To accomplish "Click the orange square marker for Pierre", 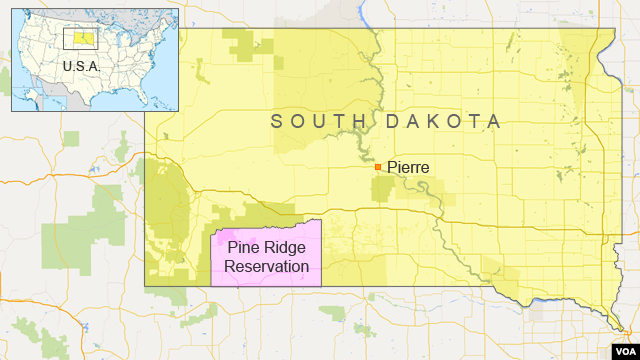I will point(378,167).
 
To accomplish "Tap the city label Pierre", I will point(408,168).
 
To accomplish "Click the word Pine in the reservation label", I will point(243,248).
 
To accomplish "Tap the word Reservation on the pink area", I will point(266,266).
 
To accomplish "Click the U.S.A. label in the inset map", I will point(81,65).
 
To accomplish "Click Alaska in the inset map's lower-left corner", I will point(28,95).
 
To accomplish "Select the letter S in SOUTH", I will point(278,122).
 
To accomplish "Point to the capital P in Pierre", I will point(391,168).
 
